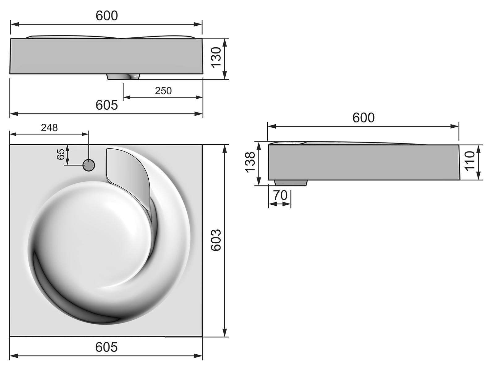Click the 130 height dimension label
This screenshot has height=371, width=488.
pos(216,57)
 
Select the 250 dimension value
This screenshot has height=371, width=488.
pos(163,91)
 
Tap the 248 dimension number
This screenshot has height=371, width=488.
pos(49,128)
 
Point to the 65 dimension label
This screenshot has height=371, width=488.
pos(61,154)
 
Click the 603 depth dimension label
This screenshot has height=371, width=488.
pos(216,240)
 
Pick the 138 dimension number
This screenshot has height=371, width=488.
pos(250,162)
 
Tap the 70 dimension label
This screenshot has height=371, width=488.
pos(280,195)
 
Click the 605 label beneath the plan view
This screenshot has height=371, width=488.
pos(106,347)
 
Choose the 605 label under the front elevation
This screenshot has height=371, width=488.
pos(107,105)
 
